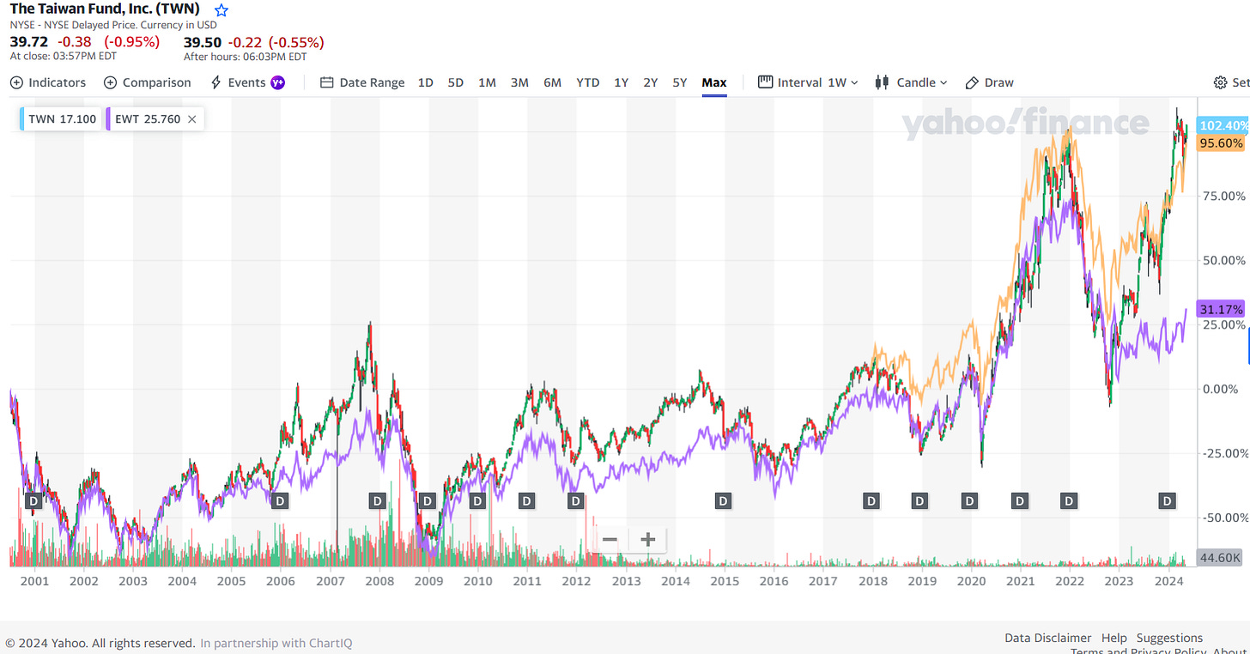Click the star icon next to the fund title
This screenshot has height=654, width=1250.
(221, 10)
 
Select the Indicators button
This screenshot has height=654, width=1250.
(48, 82)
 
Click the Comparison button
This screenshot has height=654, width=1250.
(148, 82)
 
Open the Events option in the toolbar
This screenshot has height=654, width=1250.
(246, 82)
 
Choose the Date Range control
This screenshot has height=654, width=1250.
(362, 82)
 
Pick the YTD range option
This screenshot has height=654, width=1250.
(587, 82)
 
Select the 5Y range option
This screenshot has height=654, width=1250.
(679, 82)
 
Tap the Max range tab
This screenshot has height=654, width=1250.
(713, 82)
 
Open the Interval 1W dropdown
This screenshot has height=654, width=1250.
(808, 82)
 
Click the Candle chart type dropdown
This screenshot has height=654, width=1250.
(911, 82)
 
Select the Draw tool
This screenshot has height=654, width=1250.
(990, 82)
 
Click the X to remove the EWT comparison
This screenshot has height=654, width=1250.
(191, 119)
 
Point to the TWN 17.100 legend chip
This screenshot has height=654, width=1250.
(62, 119)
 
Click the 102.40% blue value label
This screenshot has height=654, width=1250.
(1223, 125)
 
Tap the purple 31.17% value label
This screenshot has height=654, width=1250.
(1221, 309)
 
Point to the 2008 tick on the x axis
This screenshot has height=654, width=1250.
(379, 581)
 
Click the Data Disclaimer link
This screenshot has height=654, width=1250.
(1047, 638)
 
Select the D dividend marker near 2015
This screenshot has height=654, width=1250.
(723, 500)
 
